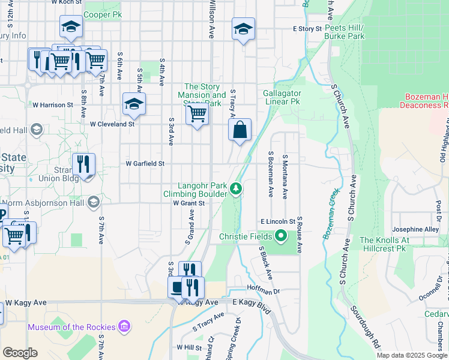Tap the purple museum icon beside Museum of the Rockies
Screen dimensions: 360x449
tap(124, 326)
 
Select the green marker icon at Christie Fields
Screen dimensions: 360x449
tap(280, 236)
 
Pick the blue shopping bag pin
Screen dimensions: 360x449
tap(240, 130)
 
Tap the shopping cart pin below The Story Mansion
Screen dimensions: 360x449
tap(197, 113)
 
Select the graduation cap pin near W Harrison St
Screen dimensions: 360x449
tap(134, 104)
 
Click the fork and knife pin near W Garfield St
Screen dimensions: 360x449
tap(83, 164)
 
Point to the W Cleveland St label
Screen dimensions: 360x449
tap(112, 124)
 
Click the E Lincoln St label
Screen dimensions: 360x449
tap(278, 222)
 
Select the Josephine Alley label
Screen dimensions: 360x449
tap(415, 229)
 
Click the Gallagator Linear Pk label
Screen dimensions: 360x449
tap(282, 98)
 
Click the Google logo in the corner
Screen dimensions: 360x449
tap(20, 353)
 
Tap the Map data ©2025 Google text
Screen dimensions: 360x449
tap(412, 355)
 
